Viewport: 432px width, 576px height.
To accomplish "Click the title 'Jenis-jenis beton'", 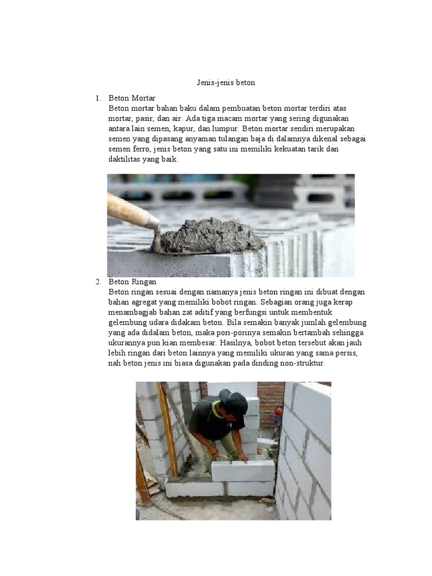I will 226,83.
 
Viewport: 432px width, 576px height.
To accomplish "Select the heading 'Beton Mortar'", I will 132,98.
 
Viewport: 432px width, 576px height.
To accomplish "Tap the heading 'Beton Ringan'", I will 132,281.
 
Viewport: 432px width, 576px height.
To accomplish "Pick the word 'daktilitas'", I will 126,159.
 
